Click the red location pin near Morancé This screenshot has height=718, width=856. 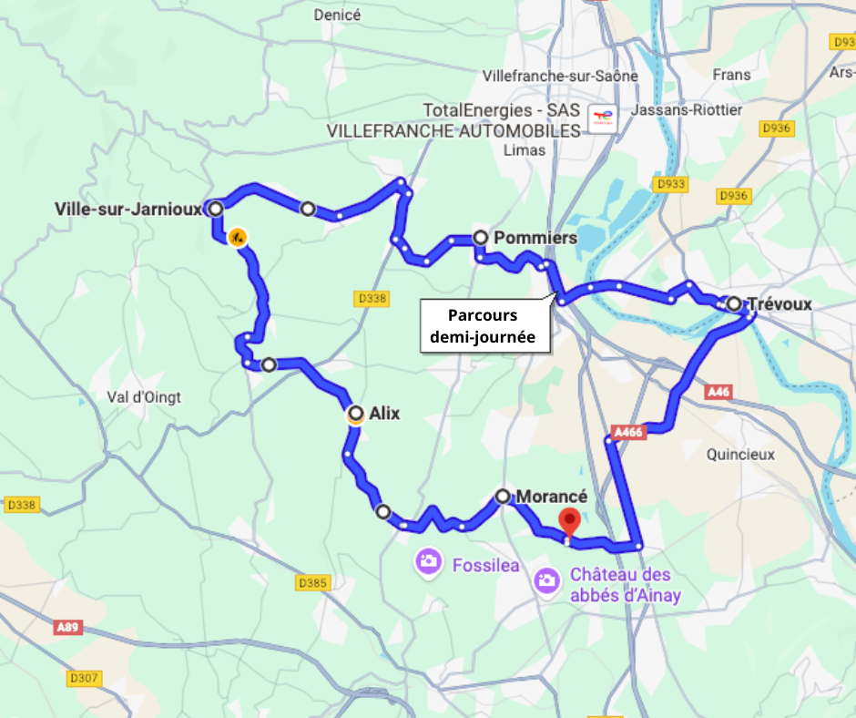(x=569, y=521)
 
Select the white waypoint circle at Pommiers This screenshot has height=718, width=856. (x=480, y=238)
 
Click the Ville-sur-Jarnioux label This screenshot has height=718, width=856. (x=127, y=209)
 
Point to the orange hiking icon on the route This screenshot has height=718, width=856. (x=237, y=238)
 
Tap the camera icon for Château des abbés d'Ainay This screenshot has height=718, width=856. (x=546, y=580)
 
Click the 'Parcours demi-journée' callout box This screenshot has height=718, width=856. (x=483, y=327)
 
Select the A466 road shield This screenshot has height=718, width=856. (x=629, y=433)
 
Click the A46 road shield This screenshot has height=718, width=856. (x=718, y=392)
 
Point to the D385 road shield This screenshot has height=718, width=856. (x=312, y=582)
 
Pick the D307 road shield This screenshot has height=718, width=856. (x=85, y=678)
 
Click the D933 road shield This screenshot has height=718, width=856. (x=671, y=185)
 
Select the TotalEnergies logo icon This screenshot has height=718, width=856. (x=602, y=118)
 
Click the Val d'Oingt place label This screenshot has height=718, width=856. (x=144, y=397)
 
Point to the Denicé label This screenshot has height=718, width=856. (x=337, y=15)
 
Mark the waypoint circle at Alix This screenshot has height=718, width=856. (x=356, y=414)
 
